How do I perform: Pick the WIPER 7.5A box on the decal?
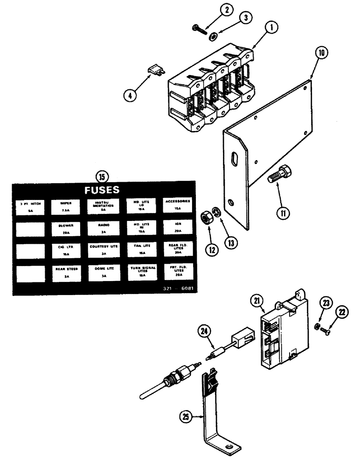(x=65, y=206)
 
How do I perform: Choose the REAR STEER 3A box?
(x=65, y=272)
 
